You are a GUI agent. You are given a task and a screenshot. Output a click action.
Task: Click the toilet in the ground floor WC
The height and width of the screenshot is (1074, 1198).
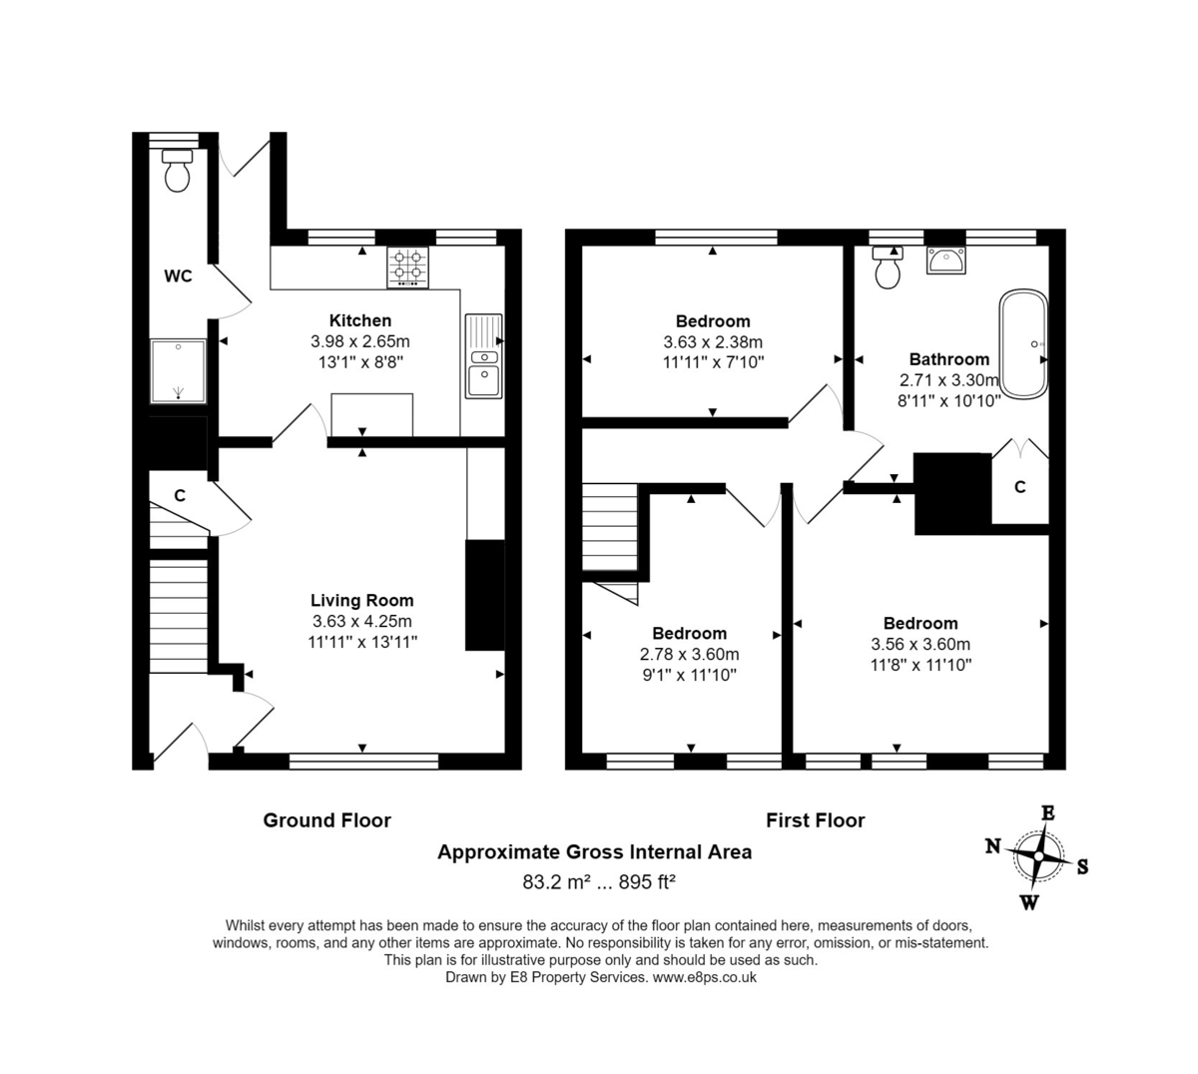pyautogui.click(x=178, y=172)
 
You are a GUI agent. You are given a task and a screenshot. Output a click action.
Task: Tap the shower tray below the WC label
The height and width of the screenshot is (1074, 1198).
pyautogui.click(x=178, y=370)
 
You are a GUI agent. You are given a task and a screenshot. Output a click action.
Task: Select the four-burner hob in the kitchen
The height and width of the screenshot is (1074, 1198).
pyautogui.click(x=408, y=267)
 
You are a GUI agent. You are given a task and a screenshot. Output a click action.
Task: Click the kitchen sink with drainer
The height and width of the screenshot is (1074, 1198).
pyautogui.click(x=484, y=356)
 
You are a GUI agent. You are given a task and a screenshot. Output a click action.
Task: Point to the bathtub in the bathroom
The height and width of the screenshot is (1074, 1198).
pyautogui.click(x=1024, y=343)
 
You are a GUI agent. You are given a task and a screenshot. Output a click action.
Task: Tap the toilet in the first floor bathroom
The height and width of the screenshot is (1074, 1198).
pyautogui.click(x=887, y=268)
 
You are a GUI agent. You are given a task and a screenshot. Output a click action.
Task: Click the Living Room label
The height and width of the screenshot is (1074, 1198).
pyautogui.click(x=361, y=600)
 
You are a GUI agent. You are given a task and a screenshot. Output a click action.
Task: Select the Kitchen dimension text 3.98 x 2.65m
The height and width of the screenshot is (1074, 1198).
pyautogui.click(x=360, y=341)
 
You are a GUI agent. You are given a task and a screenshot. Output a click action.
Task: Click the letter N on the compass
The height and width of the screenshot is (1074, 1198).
pyautogui.click(x=992, y=846)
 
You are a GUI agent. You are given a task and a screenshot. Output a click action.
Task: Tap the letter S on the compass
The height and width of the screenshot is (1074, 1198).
pyautogui.click(x=1082, y=866)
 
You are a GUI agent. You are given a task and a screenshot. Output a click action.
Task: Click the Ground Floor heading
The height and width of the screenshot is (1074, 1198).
pyautogui.click(x=326, y=820)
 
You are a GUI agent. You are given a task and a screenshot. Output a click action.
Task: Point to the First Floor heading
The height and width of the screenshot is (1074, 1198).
pyautogui.click(x=815, y=820)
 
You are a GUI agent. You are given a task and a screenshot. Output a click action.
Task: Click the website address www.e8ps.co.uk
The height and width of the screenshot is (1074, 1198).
pyautogui.click(x=704, y=978)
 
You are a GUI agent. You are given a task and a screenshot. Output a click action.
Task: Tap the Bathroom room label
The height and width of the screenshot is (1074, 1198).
pyautogui.click(x=948, y=359)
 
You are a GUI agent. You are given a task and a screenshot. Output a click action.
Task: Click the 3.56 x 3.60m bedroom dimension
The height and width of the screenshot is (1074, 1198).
pyautogui.click(x=919, y=644)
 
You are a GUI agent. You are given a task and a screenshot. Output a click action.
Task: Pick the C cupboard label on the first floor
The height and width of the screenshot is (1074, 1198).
pyautogui.click(x=1019, y=487)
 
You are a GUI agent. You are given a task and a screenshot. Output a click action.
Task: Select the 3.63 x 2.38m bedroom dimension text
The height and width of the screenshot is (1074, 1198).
pyautogui.click(x=712, y=341)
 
